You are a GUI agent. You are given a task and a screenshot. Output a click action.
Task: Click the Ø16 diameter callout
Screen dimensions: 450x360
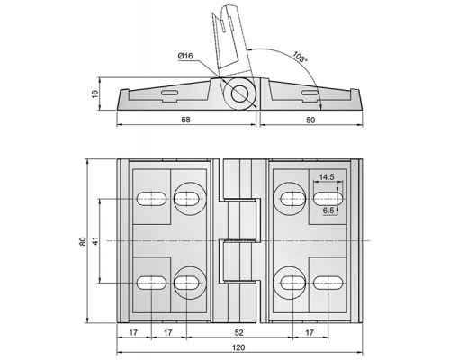tap(185, 56)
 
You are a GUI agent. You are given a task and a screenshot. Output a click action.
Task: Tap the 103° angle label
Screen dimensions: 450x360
tap(300, 57)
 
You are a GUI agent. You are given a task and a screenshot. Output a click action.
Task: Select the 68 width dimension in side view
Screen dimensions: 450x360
tap(185, 120)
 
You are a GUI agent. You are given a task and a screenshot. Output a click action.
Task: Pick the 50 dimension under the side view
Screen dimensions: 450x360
tap(310, 120)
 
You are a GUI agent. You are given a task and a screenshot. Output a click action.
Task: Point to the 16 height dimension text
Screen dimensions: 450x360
tap(94, 94)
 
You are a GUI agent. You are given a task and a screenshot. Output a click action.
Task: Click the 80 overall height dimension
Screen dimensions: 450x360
tap(83, 241)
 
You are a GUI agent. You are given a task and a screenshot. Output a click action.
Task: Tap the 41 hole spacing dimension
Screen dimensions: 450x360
tap(95, 241)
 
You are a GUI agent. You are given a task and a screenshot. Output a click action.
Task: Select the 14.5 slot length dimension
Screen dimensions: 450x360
tap(327, 177)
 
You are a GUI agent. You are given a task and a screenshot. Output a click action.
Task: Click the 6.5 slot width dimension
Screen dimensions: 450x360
tap(328, 211)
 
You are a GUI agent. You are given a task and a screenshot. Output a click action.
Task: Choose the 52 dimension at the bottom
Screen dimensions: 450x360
tap(238, 332)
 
